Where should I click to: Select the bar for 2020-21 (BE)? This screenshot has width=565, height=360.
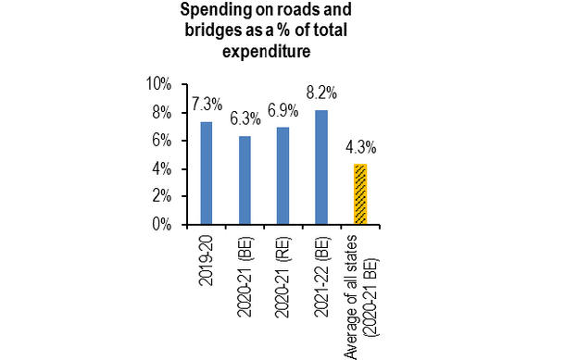click(x=245, y=180)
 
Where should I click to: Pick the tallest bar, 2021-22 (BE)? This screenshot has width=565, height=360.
click(x=321, y=168)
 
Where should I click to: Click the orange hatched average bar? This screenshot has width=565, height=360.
click(x=359, y=194)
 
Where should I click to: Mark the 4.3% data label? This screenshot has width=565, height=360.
click(x=360, y=146)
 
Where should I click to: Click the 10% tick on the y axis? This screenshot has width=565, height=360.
click(x=159, y=84)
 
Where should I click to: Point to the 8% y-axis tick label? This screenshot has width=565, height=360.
click(x=163, y=113)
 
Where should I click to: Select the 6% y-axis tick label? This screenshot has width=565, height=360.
click(x=163, y=141)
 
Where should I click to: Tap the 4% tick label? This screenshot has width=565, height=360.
click(x=163, y=168)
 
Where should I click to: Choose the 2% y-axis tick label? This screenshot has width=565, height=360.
click(x=163, y=196)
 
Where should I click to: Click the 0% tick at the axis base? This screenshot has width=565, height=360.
click(x=163, y=224)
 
